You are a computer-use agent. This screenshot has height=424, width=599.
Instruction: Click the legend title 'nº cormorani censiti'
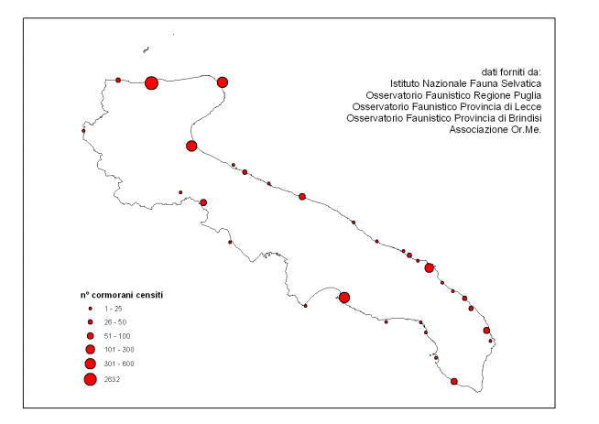122,295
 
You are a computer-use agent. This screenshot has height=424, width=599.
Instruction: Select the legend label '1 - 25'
113,309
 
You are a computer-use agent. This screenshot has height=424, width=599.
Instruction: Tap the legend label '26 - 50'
115,322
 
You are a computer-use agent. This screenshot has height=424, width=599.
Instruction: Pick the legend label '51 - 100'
117,336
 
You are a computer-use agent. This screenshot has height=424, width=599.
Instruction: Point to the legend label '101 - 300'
119,350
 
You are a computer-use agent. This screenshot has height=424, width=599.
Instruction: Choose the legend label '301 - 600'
119,364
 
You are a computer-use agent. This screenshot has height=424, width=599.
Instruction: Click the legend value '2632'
112,379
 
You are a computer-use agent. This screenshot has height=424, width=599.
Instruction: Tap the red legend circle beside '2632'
91,380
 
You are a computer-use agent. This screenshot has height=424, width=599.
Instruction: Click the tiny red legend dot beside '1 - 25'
90,309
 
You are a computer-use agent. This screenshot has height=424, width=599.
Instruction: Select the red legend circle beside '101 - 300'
91,349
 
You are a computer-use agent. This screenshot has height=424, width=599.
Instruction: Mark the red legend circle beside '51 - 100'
90,336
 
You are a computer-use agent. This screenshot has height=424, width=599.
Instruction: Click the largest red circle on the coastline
151,83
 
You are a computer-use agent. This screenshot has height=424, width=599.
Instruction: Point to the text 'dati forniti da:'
511,71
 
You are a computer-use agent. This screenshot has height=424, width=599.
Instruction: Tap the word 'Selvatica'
522,83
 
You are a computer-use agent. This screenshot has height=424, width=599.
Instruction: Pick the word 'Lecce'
529,106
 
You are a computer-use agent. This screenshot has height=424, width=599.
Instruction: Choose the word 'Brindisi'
525,118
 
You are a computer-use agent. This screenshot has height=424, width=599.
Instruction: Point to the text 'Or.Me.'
527,129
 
